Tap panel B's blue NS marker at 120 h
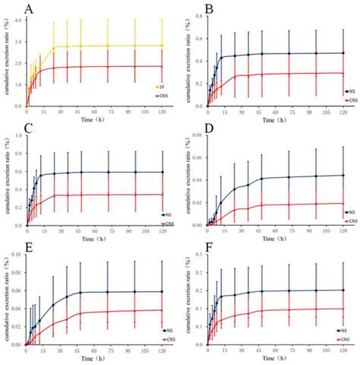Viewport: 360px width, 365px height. point(343,53)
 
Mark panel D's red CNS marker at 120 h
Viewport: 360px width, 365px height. point(343,203)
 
